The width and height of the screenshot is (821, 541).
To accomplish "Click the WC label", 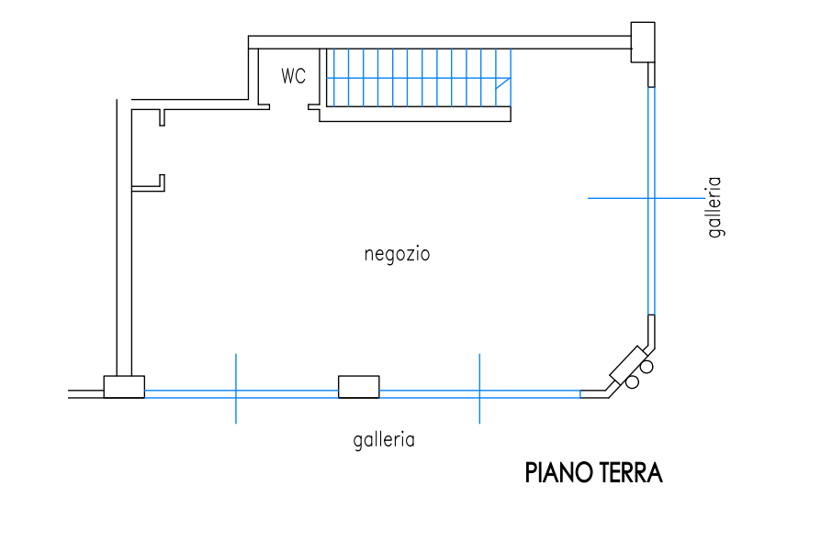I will (294, 76).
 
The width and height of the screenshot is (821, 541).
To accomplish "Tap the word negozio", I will (398, 254).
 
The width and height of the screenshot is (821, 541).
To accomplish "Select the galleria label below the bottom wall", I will (384, 439).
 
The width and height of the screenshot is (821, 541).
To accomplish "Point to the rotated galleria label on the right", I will (714, 207).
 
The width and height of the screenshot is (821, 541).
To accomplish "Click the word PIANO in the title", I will (558, 473).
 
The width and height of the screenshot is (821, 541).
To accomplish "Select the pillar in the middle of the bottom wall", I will (359, 387).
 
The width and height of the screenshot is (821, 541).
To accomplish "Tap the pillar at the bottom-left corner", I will (123, 387).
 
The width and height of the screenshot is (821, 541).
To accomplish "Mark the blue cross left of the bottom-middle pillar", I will (236, 392).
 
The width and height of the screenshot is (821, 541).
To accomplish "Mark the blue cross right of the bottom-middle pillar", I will (479, 392).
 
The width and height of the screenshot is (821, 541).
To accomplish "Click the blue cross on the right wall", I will (650, 197).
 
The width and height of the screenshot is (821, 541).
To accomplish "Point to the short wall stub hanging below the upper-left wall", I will (162, 117).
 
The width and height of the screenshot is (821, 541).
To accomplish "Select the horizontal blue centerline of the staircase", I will (413, 79).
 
